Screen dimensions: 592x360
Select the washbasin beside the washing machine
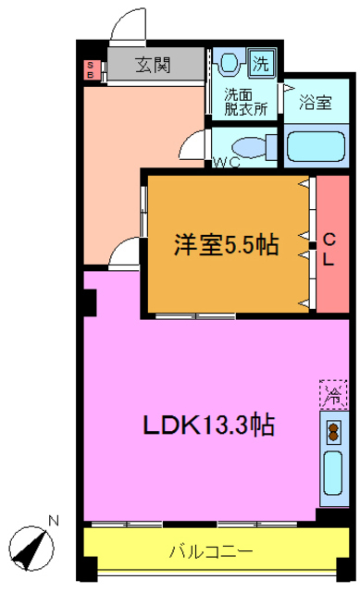click(x=231, y=63)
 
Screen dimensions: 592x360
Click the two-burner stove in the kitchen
click(x=330, y=429)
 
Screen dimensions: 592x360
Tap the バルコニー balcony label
click(x=211, y=552)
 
